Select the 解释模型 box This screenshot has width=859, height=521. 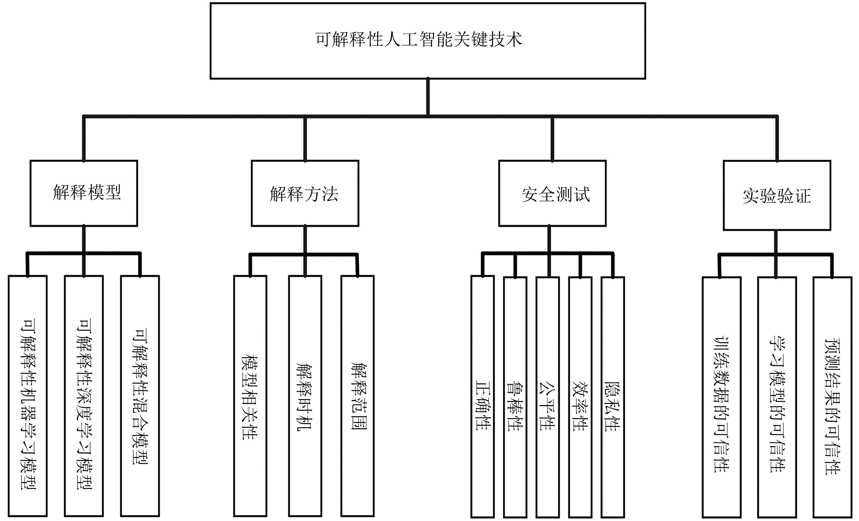coord(84,193)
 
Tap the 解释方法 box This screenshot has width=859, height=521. coord(305,193)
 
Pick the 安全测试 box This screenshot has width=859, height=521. coord(552,193)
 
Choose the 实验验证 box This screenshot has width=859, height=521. coord(777,195)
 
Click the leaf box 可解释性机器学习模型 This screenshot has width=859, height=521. coord(27,395)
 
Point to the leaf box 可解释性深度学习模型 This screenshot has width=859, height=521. coord(84,395)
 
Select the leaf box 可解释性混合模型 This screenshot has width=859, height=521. coord(140,395)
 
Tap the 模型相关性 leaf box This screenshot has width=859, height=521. coord(250,395)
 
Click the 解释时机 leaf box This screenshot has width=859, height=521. coord(305,395)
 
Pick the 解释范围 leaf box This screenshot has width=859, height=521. coord(357,395)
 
